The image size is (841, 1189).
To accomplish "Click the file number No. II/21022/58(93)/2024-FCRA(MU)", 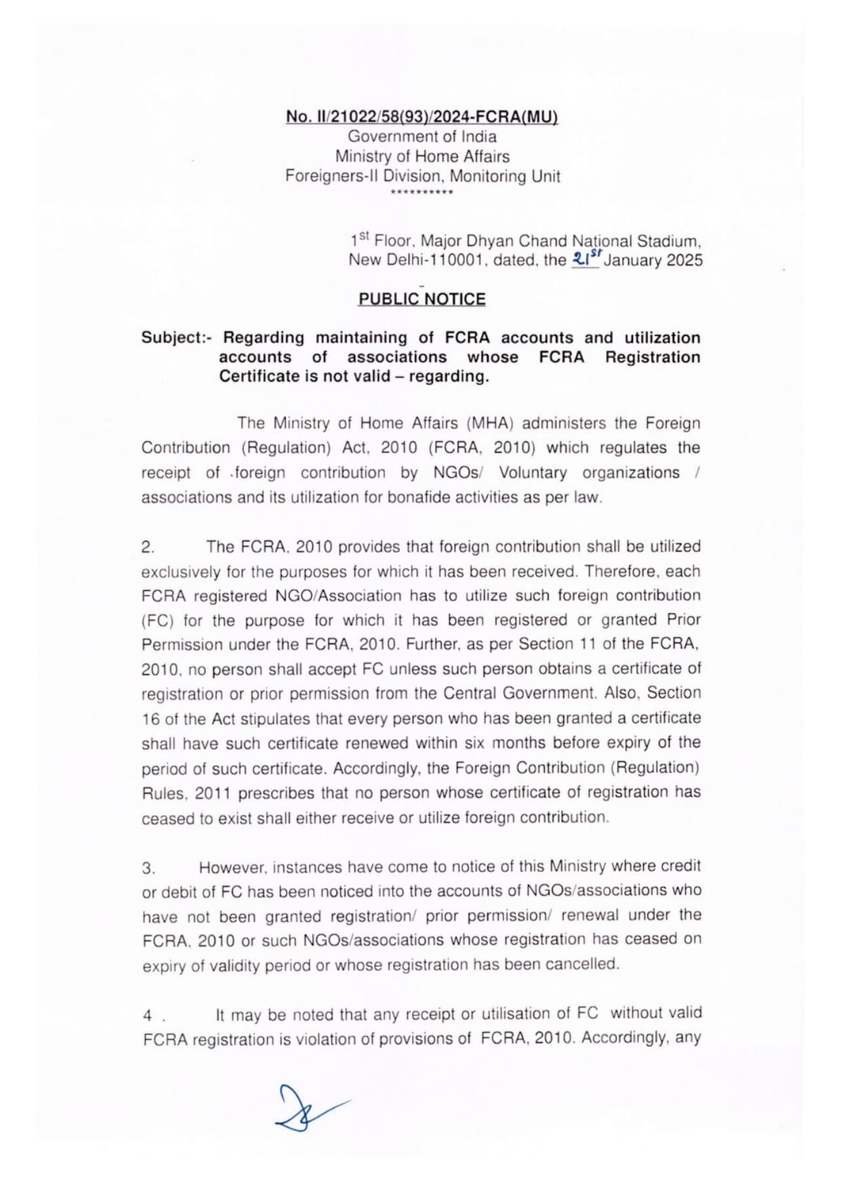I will pyautogui.click(x=422, y=117).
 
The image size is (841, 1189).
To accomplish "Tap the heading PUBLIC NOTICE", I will pyautogui.click(x=422, y=299).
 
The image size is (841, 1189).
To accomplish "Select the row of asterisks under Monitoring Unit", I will pyautogui.click(x=422, y=193).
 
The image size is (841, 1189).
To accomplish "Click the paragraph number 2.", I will pyautogui.click(x=148, y=547).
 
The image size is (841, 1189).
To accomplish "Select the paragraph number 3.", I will pyautogui.click(x=148, y=868).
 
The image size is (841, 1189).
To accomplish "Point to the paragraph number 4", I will pyautogui.click(x=148, y=1016).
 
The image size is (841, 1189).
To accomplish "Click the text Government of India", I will pyautogui.click(x=422, y=136).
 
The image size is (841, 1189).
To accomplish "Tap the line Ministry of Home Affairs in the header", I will pyautogui.click(x=422, y=157).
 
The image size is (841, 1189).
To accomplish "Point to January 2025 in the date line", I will pyautogui.click(x=653, y=261).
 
